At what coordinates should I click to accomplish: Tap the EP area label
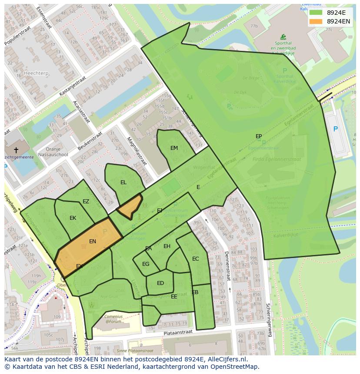[259, 136]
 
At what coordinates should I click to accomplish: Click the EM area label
[174, 148]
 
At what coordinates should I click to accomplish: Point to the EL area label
[123, 182]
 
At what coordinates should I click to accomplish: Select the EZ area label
[86, 202]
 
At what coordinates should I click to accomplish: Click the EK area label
[73, 218]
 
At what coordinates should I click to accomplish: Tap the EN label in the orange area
[92, 242]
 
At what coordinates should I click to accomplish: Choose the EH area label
[167, 246]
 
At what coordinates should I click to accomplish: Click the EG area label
[146, 264]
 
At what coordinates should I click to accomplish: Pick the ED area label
[160, 283]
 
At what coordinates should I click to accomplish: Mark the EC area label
[195, 259]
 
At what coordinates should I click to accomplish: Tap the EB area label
[195, 292]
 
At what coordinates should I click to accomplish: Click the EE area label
[174, 297]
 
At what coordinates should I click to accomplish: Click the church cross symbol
[16, 150]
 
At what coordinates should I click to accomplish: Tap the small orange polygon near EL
[130, 206]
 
